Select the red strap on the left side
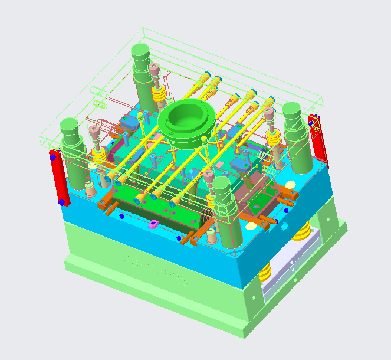click(x=58, y=178)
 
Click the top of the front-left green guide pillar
click(x=70, y=126)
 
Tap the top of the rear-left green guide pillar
click(x=141, y=51)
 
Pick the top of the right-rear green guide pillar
click(x=292, y=109)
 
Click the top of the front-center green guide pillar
click(x=221, y=185)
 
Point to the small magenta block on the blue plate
click(x=152, y=224)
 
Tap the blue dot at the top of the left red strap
click(x=53, y=158)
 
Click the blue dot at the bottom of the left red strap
click(x=61, y=202)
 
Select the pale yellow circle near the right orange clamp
click(x=249, y=225)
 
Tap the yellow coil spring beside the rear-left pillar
click(x=158, y=93)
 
